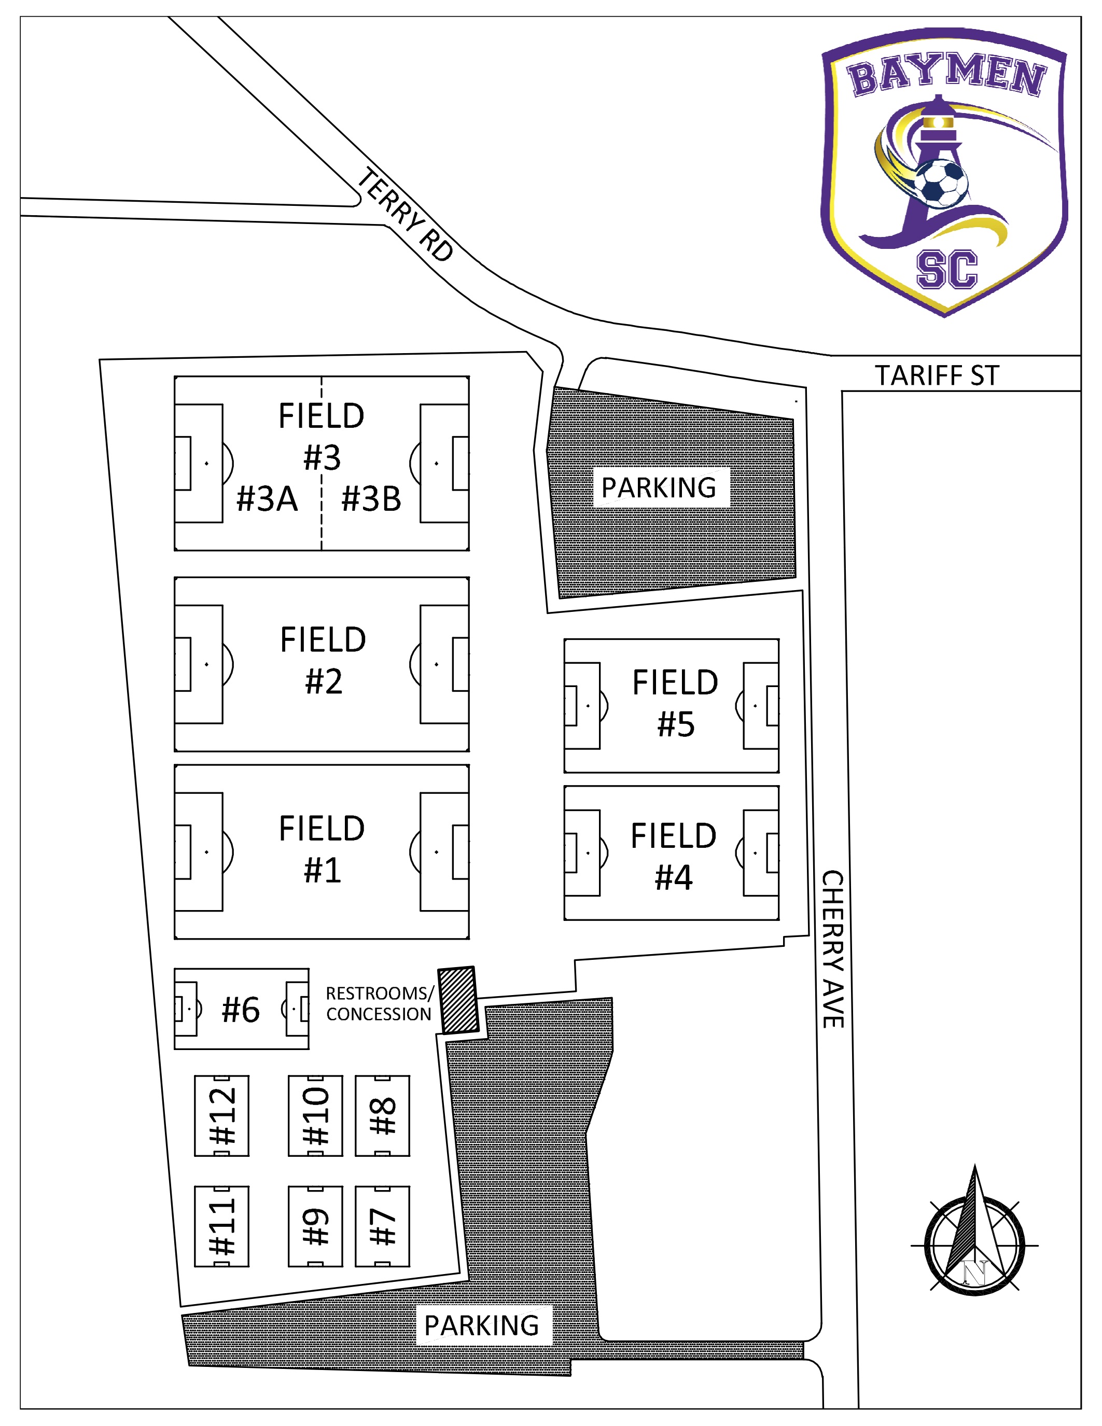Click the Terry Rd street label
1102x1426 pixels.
click(406, 215)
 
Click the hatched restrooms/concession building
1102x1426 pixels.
click(459, 1000)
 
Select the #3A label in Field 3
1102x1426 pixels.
click(267, 499)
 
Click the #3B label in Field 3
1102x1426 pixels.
click(371, 499)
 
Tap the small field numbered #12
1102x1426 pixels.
click(222, 1116)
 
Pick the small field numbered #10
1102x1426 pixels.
click(315, 1116)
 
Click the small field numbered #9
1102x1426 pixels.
click(315, 1227)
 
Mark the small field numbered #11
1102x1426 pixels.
click(222, 1227)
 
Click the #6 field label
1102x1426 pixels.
click(241, 1010)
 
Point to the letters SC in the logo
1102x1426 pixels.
click(946, 270)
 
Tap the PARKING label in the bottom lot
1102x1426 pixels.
click(482, 1326)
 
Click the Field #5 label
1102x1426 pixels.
click(675, 704)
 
